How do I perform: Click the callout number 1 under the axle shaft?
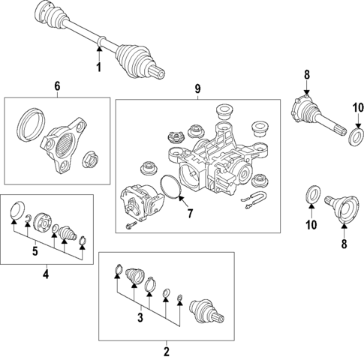pos(99,67)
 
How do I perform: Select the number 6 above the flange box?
pos(57,86)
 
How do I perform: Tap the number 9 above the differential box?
pos(197,88)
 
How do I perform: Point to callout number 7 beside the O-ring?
pos(190,213)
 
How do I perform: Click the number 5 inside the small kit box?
pos(35,250)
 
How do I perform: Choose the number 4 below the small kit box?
pos(46,274)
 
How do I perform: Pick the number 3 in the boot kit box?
pos(140,317)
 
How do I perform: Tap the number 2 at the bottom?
pos(167,352)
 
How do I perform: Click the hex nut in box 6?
pos(90,160)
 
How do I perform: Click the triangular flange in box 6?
pos(63,145)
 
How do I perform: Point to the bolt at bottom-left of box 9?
pos(131,225)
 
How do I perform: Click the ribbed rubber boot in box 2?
pos(135,276)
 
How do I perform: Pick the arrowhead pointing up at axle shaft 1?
pos(99,49)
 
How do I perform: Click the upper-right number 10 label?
pos(358,108)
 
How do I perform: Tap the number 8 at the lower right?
pos(344,244)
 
